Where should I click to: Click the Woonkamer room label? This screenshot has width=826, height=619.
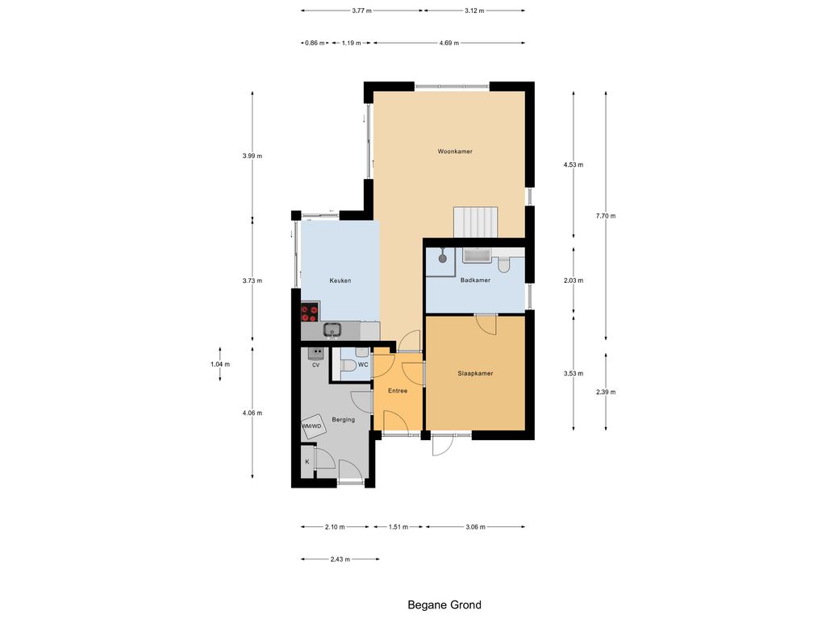tap(455, 152)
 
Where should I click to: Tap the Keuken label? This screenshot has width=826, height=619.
tap(340, 280)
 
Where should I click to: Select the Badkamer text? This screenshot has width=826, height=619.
tap(475, 280)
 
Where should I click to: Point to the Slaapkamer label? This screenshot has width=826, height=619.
tap(475, 373)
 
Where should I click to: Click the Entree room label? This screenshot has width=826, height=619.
tap(398, 391)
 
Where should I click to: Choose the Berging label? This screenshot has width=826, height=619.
tap(343, 419)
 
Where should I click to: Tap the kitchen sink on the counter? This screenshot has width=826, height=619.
tap(332, 330)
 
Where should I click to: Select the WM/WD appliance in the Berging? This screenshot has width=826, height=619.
tap(313, 426)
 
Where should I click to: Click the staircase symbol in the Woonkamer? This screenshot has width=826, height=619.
tap(476, 222)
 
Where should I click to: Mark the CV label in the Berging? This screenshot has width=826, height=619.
tap(315, 365)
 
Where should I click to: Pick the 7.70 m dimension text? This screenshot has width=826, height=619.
tap(605, 216)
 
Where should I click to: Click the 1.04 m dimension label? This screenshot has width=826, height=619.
tap(220, 364)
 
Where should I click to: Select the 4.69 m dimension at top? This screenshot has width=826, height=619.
tap(448, 44)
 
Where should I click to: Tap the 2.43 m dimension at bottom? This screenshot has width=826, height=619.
tap(340, 559)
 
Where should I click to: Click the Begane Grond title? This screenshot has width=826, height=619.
tap(444, 604)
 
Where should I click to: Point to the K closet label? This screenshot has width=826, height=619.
tap(307, 462)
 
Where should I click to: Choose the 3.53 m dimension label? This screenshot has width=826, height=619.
tap(574, 374)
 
